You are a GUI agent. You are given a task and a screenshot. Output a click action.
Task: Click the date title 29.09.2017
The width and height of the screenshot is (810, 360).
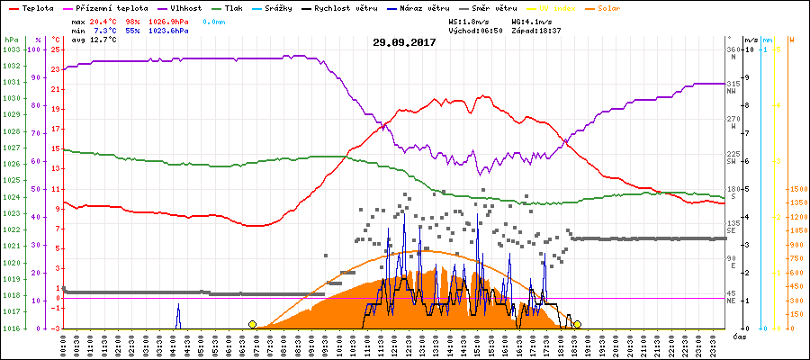tap(404, 42)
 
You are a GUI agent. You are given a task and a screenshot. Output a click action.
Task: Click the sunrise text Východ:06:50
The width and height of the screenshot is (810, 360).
tap(480, 30)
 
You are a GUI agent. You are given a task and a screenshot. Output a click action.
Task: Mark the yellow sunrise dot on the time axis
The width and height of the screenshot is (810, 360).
tap(252, 324)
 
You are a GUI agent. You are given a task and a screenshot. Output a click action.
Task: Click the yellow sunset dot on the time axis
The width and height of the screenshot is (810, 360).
tap(577, 324)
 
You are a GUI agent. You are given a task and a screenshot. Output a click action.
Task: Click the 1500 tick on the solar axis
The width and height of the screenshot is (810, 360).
tap(796, 190)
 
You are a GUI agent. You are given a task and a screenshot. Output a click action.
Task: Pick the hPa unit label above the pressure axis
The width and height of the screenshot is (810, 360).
tap(10, 40)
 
